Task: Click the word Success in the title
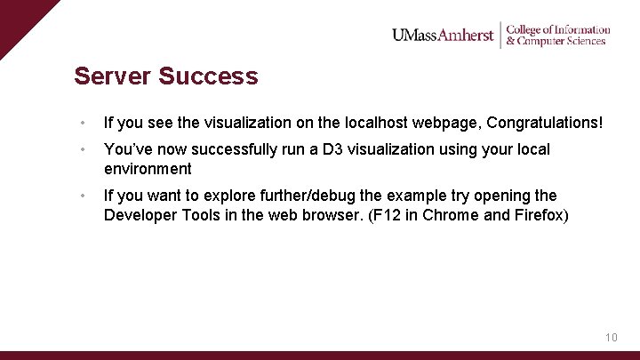click(x=209, y=76)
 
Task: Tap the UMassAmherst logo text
click(x=443, y=36)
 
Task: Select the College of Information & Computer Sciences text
click(x=557, y=35)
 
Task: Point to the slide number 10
click(x=611, y=338)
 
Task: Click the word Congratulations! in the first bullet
click(x=544, y=123)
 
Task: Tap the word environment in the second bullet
click(x=148, y=169)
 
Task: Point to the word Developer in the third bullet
click(x=140, y=215)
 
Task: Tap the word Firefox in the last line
click(x=536, y=215)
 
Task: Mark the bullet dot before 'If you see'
click(x=81, y=123)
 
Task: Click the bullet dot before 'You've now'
click(x=81, y=149)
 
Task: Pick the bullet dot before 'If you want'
click(x=81, y=196)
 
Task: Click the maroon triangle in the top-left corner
click(x=18, y=18)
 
